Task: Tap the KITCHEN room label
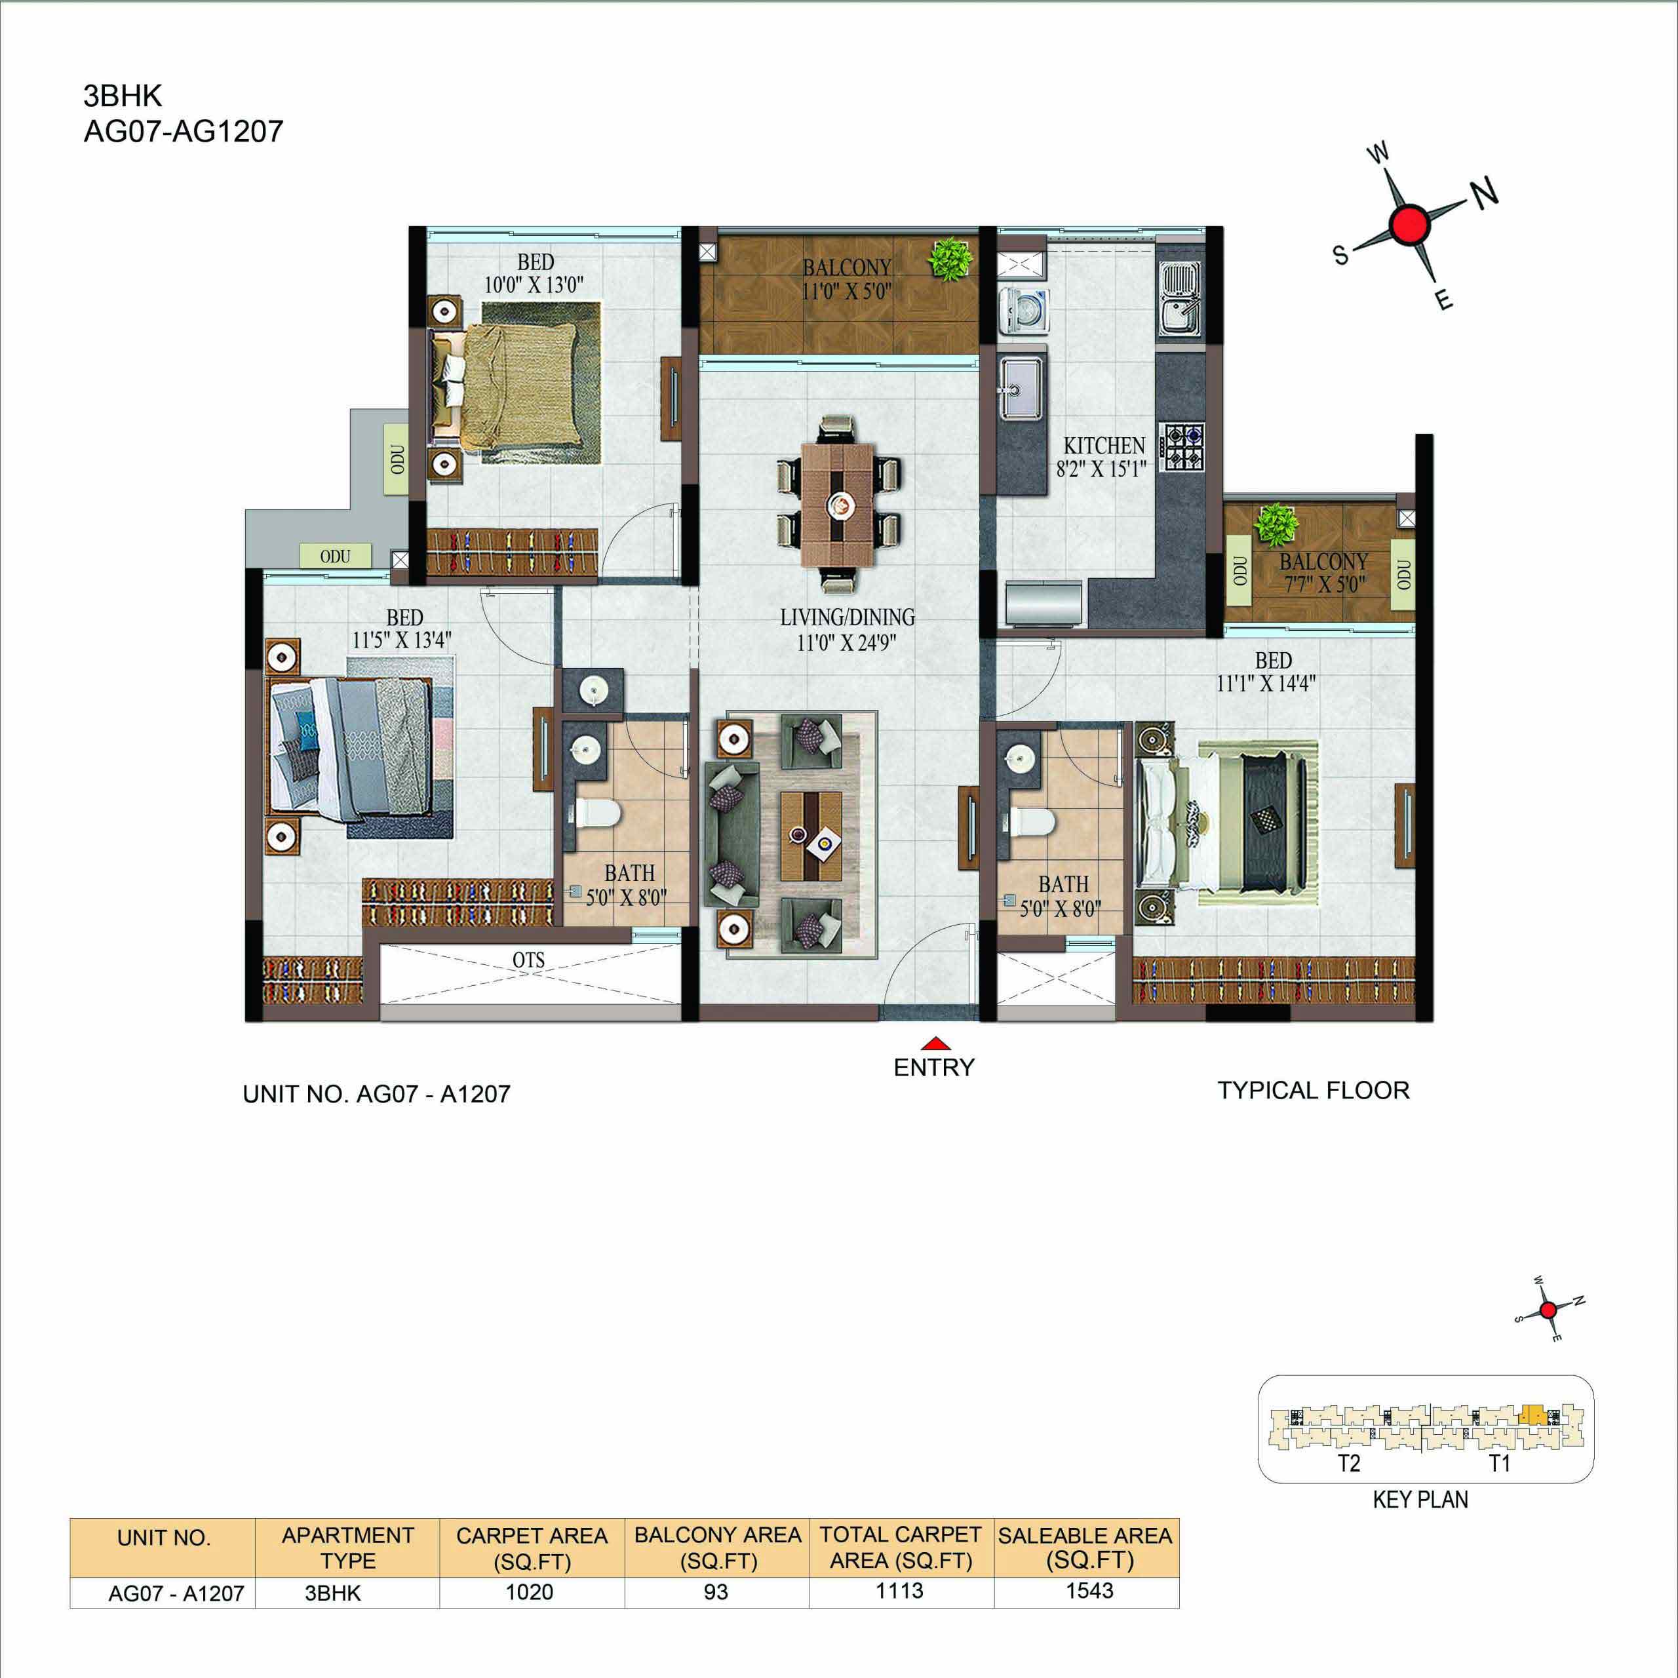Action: click(x=1104, y=446)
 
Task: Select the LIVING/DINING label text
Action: click(x=847, y=617)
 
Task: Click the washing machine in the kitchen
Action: click(x=1024, y=310)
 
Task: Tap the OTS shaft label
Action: click(x=528, y=960)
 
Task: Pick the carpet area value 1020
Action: click(x=529, y=1592)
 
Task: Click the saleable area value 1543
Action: click(x=1089, y=1590)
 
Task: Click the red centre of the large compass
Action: click(x=1409, y=224)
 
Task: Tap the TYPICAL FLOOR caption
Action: click(x=1313, y=1090)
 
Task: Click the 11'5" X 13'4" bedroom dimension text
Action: click(x=401, y=641)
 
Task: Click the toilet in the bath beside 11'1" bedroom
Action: click(x=1031, y=820)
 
